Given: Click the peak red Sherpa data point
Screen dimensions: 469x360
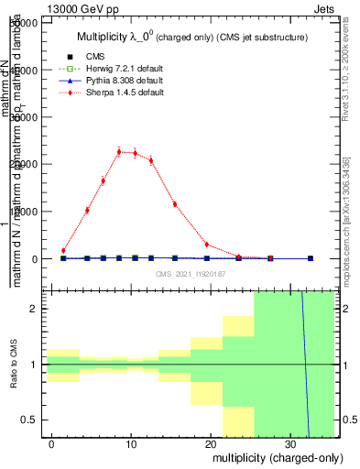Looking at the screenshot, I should [x=119, y=152].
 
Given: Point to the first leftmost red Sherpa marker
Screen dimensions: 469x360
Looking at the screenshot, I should [x=63, y=250].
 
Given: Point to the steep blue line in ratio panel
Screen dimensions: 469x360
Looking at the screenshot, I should [x=305, y=366].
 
